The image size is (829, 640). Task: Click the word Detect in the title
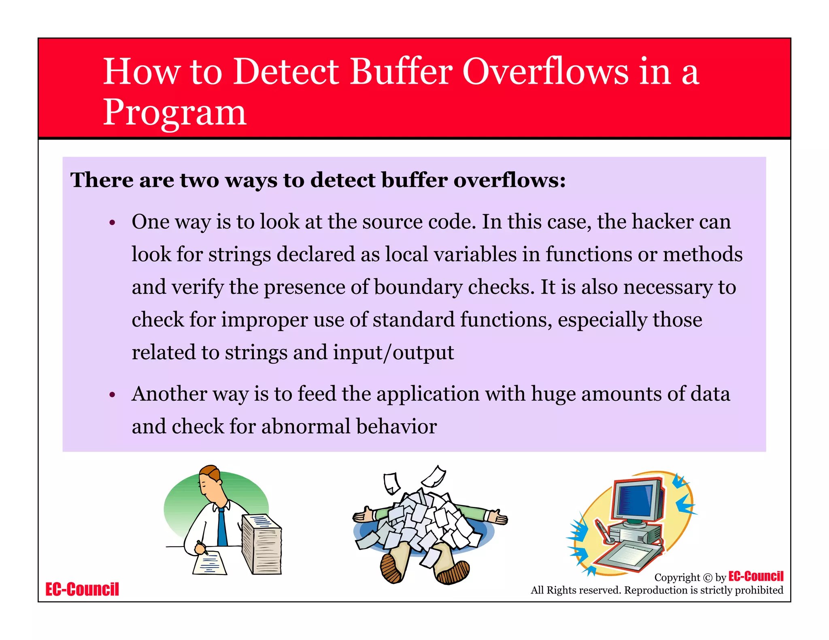click(286, 72)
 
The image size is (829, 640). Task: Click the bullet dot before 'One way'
click(113, 223)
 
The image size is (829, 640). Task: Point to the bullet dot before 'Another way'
click(113, 395)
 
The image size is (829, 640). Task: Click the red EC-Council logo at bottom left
click(82, 589)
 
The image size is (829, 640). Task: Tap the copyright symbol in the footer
click(707, 578)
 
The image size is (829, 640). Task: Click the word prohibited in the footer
click(759, 590)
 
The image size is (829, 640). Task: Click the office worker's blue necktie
click(222, 526)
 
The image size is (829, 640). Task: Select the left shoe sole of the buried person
click(391, 568)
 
